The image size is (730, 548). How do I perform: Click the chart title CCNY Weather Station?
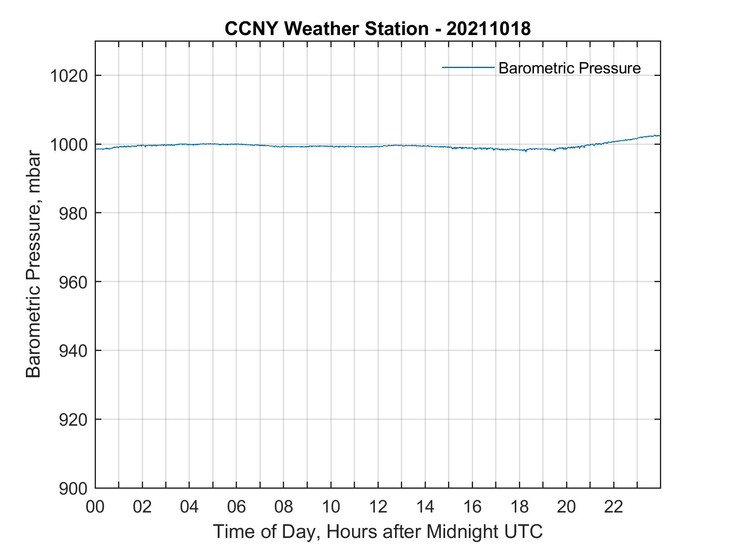click(327, 28)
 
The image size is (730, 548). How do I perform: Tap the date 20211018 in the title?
click(488, 28)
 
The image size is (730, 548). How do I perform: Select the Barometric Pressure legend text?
click(569, 68)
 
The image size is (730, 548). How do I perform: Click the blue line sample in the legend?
click(468, 67)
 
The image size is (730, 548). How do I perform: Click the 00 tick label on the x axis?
click(95, 507)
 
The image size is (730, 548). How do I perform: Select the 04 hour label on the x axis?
click(189, 507)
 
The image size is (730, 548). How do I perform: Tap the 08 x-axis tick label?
click(284, 507)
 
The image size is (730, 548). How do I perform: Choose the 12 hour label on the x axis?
click(378, 507)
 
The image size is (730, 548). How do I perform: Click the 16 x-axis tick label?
click(472, 507)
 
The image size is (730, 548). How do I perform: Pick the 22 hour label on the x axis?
click(614, 507)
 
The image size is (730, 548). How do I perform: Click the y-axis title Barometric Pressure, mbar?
click(33, 265)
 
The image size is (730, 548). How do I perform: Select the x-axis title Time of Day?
click(378, 532)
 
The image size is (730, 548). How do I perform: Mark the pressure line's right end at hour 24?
click(660, 136)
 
